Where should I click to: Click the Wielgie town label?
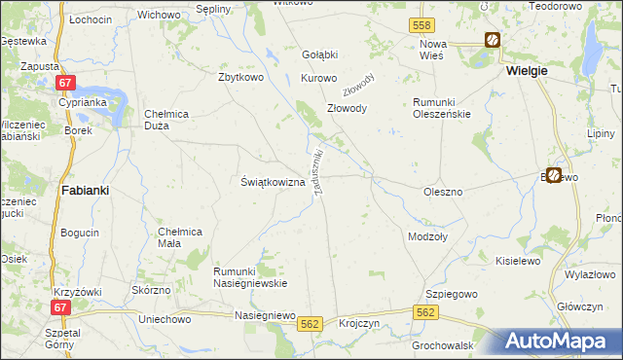click(527, 71)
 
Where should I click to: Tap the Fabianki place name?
click(85, 191)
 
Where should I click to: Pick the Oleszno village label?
click(443, 192)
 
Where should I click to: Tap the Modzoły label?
click(428, 236)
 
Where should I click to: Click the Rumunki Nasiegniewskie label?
click(250, 276)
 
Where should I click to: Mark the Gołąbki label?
click(319, 54)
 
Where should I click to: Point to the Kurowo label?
click(319, 78)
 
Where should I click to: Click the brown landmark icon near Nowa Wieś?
click(494, 40)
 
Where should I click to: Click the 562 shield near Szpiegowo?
click(425, 312)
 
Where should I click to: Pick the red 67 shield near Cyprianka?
click(65, 85)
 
